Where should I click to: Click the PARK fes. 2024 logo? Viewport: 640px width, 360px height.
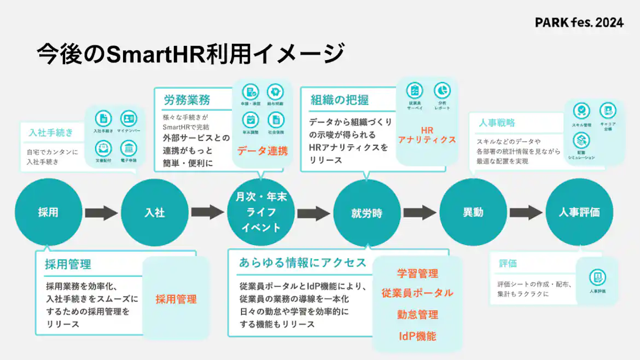tap(579, 22)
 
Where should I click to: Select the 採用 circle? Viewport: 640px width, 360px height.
tap(48, 213)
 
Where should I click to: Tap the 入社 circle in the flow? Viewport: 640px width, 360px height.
tap(155, 213)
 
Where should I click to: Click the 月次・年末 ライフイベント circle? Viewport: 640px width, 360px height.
tap(261, 213)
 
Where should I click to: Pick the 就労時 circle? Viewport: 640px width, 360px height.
tap(367, 213)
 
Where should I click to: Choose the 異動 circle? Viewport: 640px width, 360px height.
tap(473, 213)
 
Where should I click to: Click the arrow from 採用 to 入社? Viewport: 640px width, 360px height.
tap(101, 213)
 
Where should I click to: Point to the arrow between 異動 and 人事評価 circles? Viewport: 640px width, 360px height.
tap(527, 213)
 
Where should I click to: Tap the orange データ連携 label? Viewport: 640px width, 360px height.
tap(263, 151)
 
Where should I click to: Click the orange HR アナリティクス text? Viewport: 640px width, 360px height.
tap(427, 135)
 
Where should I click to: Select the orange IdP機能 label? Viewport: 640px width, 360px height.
tap(417, 336)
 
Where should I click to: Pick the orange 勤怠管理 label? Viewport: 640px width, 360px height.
tap(417, 315)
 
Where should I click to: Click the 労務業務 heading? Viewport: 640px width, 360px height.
tap(187, 101)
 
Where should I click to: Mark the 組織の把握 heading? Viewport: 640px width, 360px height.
tap(340, 100)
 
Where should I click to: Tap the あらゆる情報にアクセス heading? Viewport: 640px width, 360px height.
tap(302, 263)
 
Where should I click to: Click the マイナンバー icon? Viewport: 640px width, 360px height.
tap(129, 119)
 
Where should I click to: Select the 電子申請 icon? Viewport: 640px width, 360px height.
tap(129, 148)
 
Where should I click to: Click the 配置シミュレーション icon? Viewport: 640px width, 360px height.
tap(581, 141)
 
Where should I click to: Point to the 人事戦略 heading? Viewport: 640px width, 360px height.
tap(497, 123)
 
